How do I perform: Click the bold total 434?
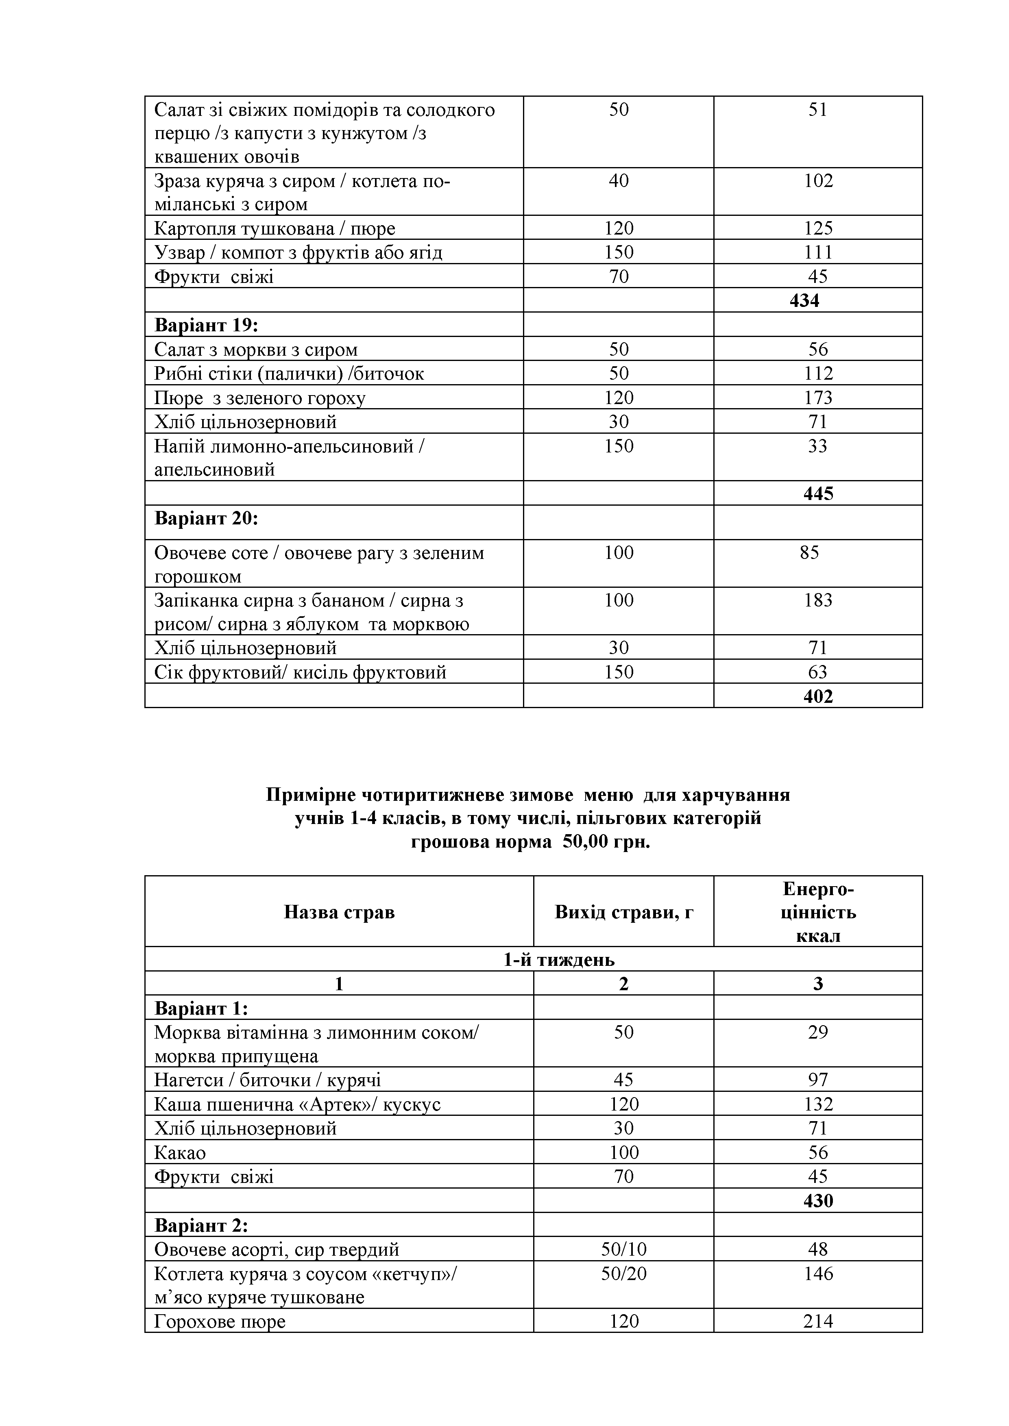[x=804, y=300]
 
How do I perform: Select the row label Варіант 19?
[x=206, y=325]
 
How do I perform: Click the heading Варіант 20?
[x=206, y=518]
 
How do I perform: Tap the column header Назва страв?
[x=339, y=912]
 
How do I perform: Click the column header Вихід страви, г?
[x=623, y=912]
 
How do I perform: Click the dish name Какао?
[x=180, y=1153]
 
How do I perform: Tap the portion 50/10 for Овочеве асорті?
[x=623, y=1249]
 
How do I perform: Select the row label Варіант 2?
[x=200, y=1225]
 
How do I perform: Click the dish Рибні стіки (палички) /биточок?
[x=289, y=373]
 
